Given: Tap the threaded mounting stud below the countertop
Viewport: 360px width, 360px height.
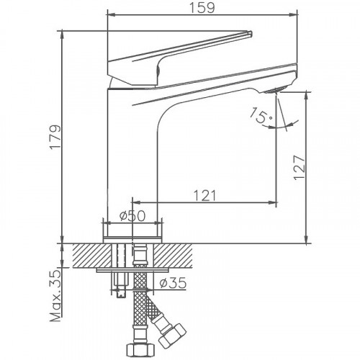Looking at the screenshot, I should [x=120, y=284].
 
